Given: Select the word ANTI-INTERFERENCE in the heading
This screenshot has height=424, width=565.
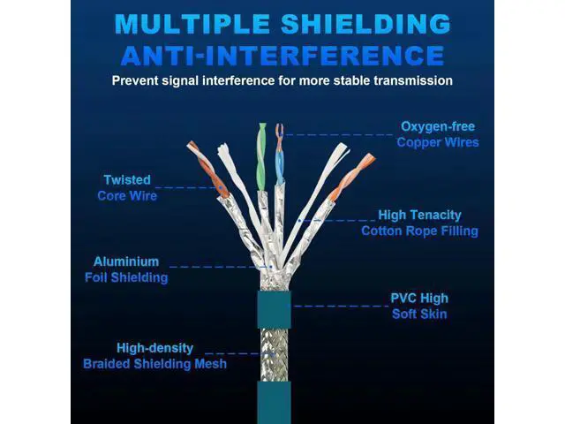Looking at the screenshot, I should (282, 56).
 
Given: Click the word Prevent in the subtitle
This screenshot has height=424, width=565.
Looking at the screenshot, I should (136, 81).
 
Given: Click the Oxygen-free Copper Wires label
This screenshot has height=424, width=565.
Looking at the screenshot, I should (438, 134).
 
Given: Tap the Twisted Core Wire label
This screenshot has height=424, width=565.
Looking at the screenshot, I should (127, 187).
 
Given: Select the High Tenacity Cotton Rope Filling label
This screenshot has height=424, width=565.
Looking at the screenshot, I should (419, 223).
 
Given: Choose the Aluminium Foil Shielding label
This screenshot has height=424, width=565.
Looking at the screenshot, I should (126, 269).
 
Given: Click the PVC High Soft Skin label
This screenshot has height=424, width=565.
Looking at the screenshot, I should (419, 306).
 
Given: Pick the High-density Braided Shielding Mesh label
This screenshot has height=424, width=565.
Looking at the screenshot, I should (154, 356).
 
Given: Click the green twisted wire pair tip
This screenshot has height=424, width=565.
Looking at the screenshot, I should (260, 141).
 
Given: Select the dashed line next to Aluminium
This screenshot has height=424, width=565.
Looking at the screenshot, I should (216, 266).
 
